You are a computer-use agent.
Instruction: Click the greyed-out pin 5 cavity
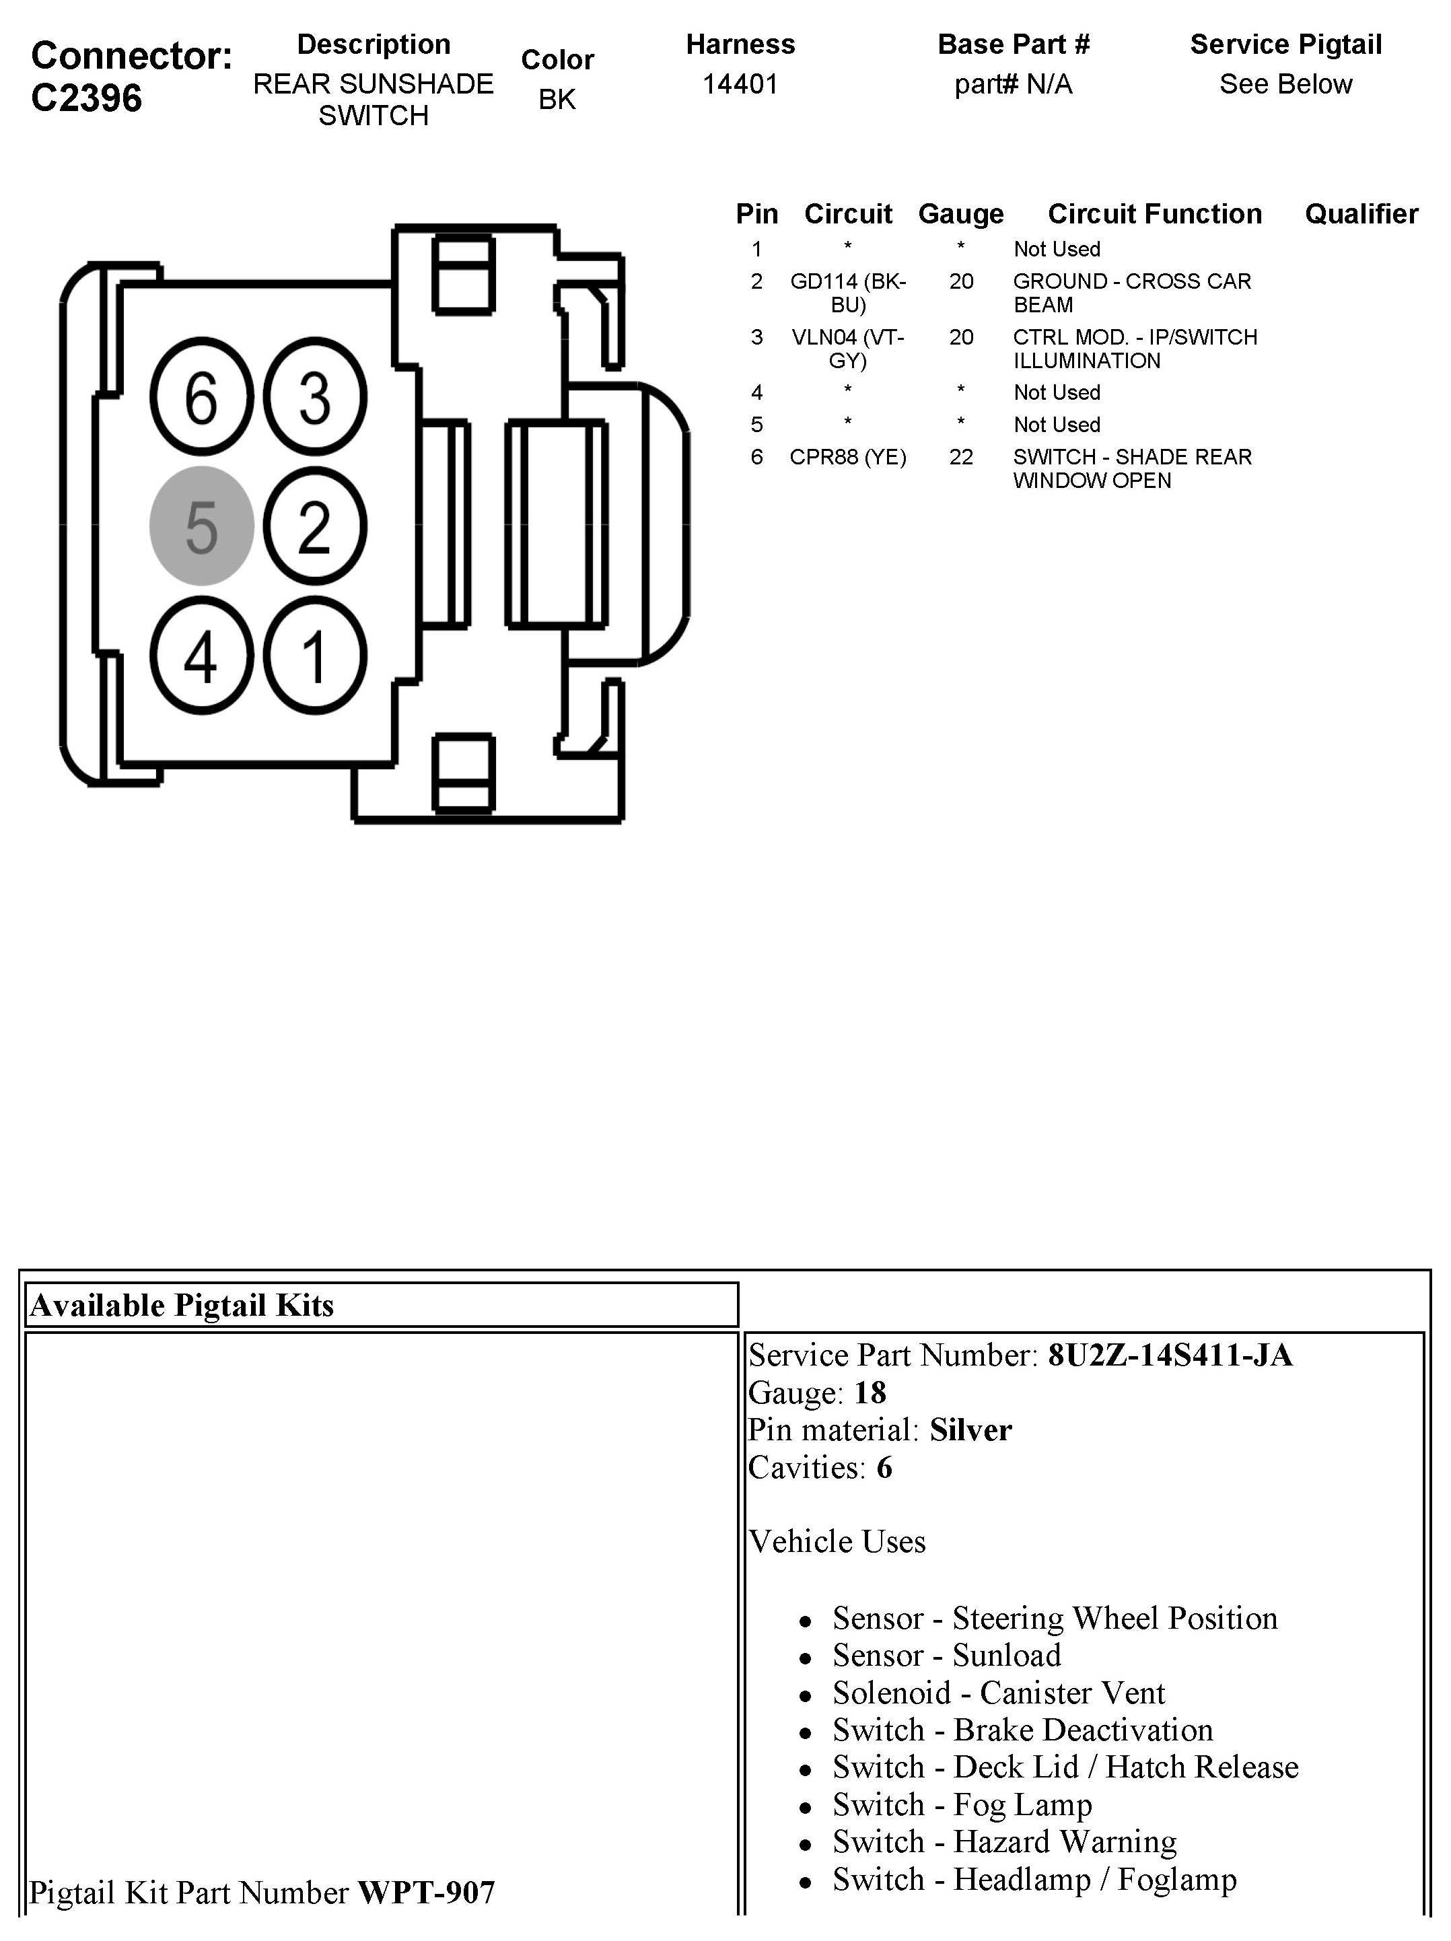point(202,526)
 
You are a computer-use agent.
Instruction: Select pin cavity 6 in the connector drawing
point(202,396)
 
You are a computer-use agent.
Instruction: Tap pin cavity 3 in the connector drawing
point(315,396)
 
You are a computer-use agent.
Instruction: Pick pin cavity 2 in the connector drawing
point(315,526)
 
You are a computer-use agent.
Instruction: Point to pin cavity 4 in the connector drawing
point(202,656)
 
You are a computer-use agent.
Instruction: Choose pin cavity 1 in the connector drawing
point(315,656)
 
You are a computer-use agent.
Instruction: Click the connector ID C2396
point(86,98)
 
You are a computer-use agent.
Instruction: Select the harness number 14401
point(740,84)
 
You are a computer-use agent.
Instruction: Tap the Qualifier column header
point(1361,214)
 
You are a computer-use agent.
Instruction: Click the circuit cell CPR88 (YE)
point(847,457)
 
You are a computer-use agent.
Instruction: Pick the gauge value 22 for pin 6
point(960,457)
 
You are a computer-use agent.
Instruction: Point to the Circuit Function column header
point(1154,214)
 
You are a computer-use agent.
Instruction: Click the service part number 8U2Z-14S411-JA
point(1170,1355)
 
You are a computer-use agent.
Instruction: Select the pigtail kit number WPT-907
point(427,1893)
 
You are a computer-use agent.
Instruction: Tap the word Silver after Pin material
point(970,1430)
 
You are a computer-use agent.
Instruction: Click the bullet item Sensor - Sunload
point(946,1656)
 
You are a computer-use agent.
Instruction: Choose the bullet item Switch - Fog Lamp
point(962,1805)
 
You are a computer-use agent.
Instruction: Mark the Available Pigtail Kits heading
point(182,1306)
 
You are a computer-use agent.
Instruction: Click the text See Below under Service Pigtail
point(1285,84)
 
